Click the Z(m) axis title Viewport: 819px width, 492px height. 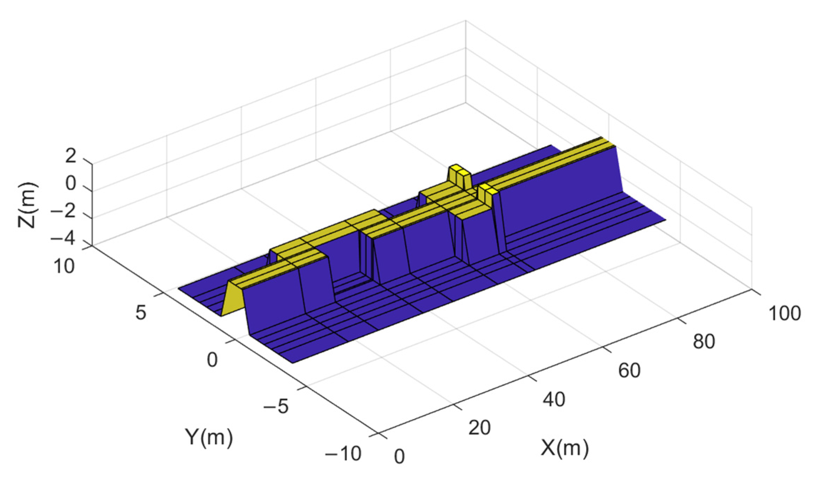tap(27, 205)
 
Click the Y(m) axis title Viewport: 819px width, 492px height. tap(209, 438)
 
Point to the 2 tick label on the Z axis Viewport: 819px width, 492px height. tap(71, 155)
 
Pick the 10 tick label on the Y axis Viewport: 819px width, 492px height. tap(64, 266)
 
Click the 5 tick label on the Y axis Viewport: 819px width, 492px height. tap(141, 312)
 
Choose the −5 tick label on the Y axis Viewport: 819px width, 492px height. tap(276, 407)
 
